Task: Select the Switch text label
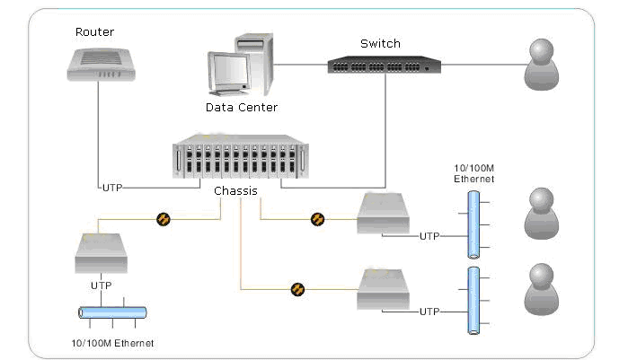380,43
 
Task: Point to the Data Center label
241,107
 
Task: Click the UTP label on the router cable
111,188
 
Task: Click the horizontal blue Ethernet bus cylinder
112,312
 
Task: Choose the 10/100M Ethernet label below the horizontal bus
111,343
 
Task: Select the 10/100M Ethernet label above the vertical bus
473,174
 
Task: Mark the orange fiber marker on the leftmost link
164,218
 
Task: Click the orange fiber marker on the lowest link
297,288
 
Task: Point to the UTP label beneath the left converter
101,285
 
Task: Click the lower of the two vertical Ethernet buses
473,300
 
